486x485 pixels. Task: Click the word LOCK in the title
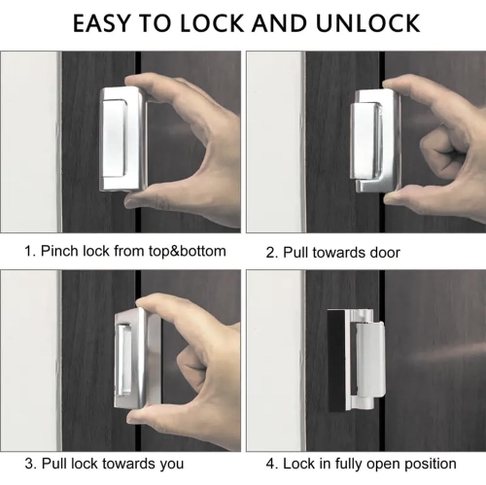(x=223, y=22)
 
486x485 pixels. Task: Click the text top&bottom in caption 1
(x=181, y=251)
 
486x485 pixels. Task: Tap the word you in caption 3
(x=170, y=464)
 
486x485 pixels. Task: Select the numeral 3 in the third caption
(x=28, y=464)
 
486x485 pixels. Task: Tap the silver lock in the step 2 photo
(x=373, y=137)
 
